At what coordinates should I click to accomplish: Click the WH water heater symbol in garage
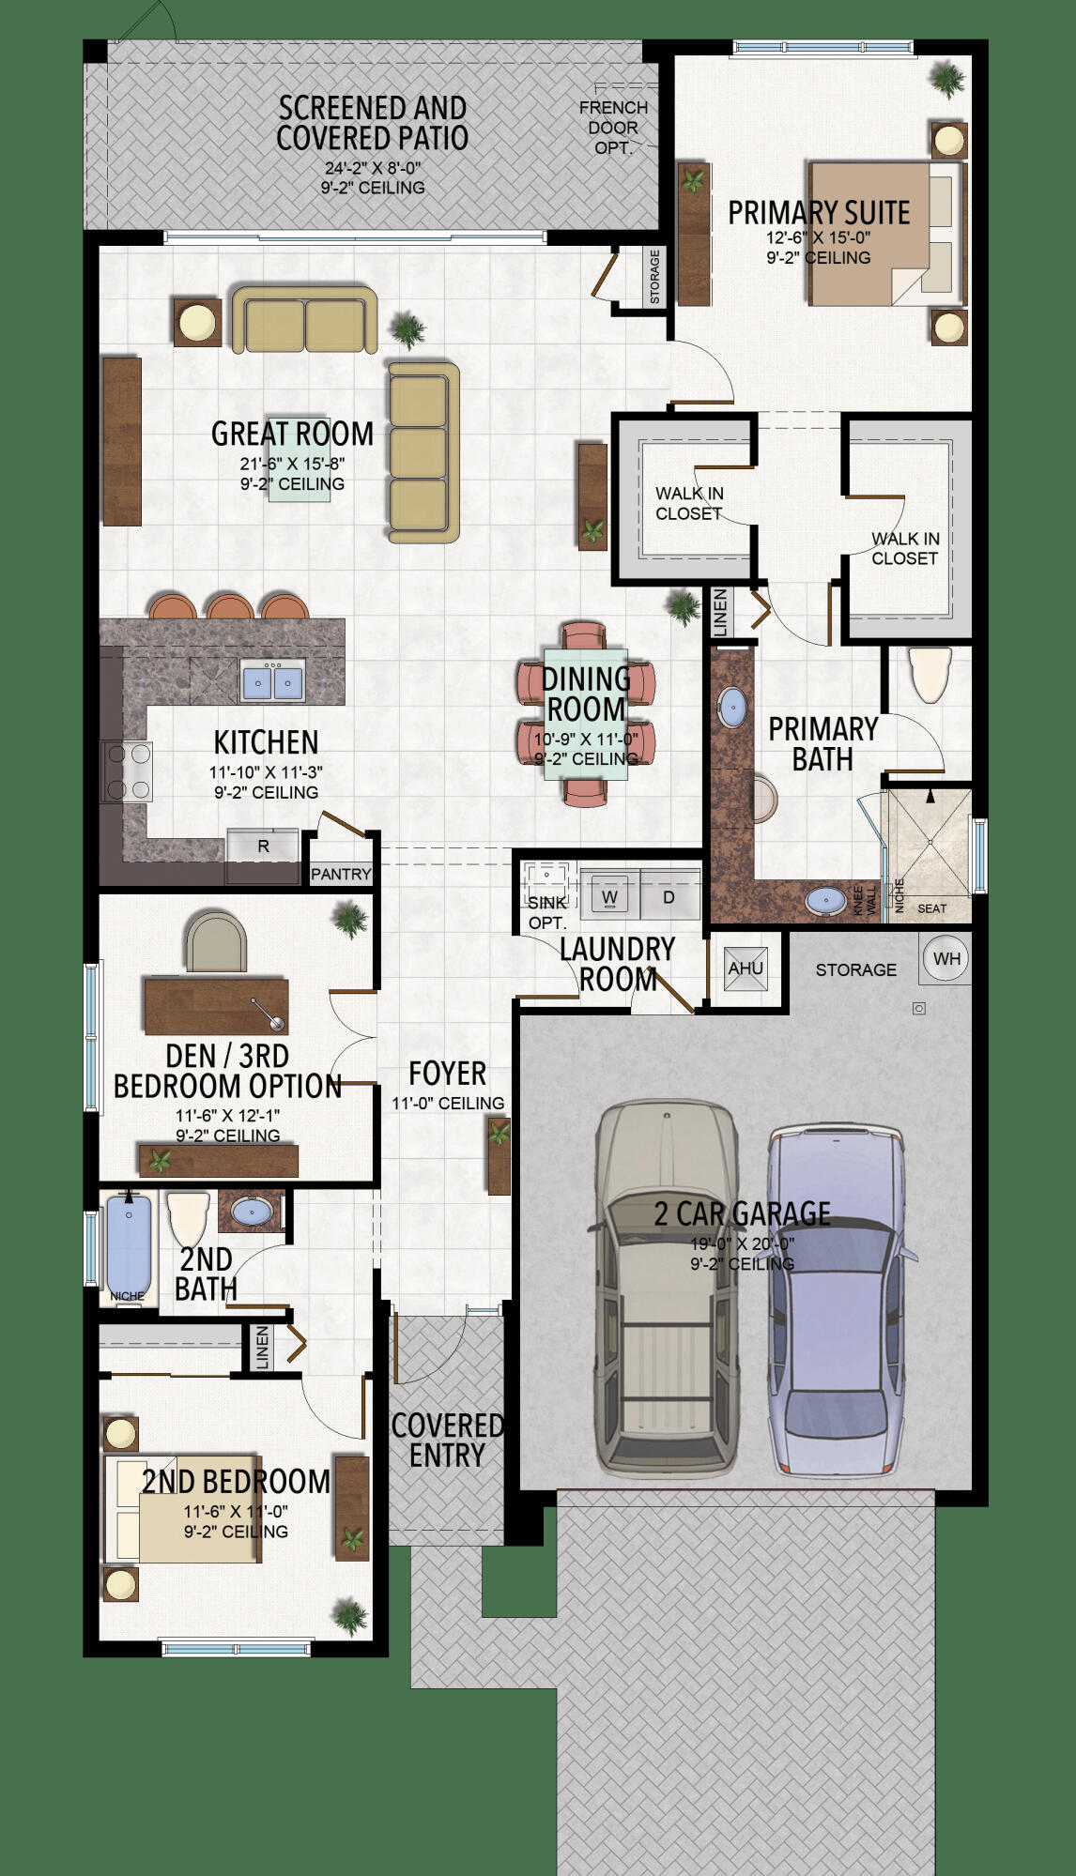(945, 958)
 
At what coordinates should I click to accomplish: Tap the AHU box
(746, 969)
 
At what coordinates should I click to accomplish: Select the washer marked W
(609, 897)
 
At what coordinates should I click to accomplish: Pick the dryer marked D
(669, 897)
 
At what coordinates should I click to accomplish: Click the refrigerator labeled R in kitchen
(263, 846)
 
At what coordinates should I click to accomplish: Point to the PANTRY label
(341, 874)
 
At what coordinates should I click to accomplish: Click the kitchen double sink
(272, 681)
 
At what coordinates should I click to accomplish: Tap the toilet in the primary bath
(930, 674)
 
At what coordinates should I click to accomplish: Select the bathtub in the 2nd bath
(129, 1243)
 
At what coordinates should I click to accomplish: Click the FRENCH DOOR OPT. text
(613, 128)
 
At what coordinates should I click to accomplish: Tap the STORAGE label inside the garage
(855, 969)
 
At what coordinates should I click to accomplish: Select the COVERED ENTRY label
(447, 1441)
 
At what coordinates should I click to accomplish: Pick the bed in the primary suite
(885, 232)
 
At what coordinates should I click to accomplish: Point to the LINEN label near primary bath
(720, 612)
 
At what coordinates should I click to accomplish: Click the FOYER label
(447, 1074)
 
